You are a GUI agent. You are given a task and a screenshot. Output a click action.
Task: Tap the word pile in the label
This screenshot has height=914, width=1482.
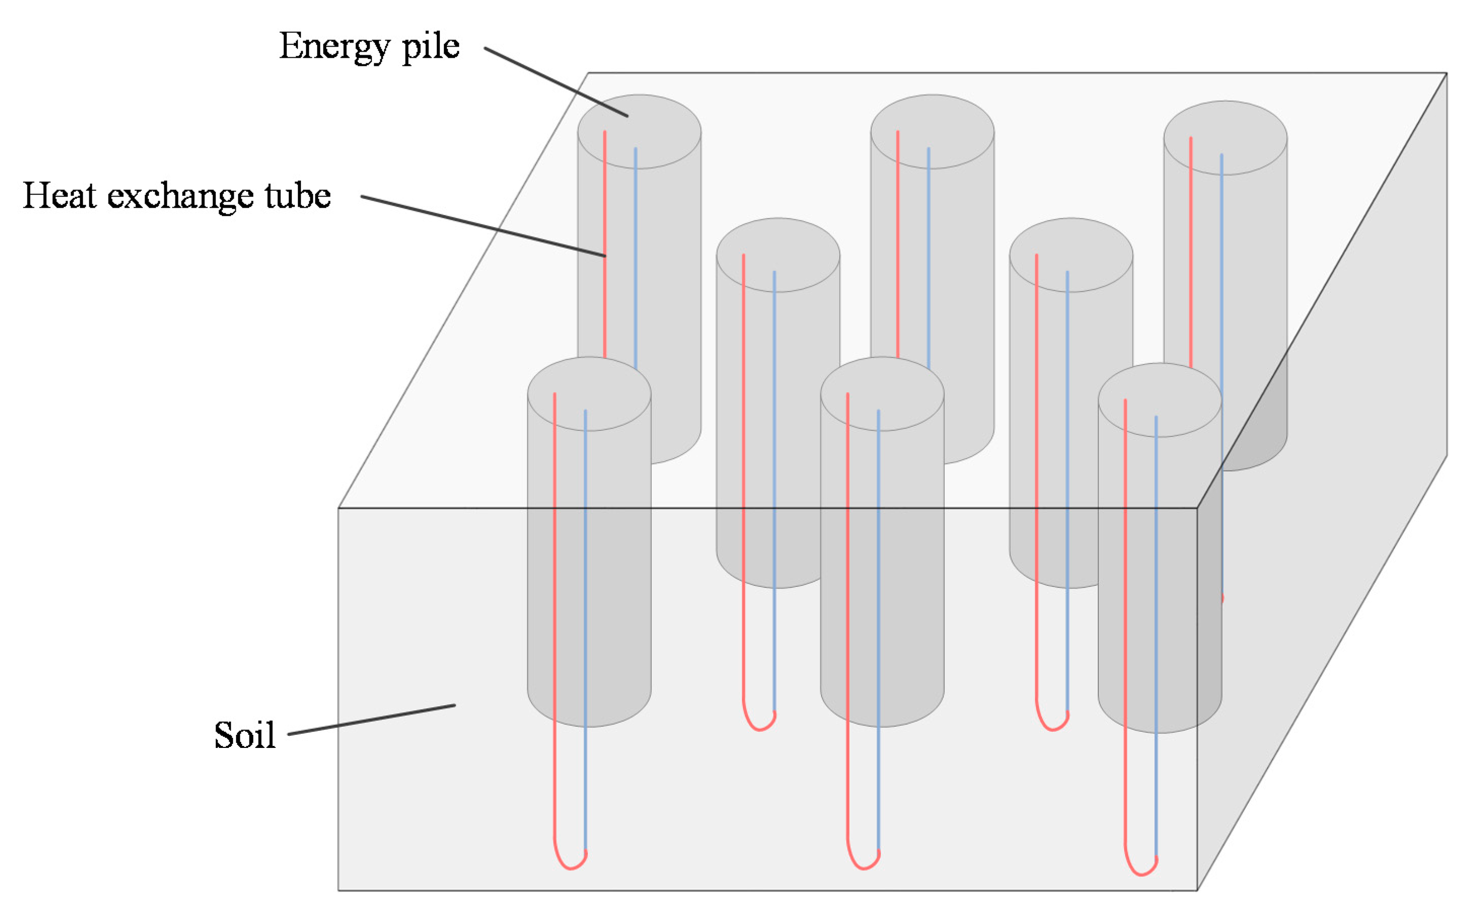click(431, 47)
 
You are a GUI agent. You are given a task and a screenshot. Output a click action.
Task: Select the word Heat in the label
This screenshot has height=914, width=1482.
click(60, 196)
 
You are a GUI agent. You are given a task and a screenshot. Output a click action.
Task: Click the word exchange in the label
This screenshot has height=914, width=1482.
click(180, 196)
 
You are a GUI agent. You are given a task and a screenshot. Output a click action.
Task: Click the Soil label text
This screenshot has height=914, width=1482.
click(244, 735)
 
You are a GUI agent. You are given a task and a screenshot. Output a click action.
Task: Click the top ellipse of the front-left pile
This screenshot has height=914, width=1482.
click(589, 393)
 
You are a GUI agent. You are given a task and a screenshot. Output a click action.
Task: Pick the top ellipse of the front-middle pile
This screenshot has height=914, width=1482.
click(882, 393)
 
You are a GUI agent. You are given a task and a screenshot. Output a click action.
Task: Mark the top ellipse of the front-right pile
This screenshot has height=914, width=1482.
click(1160, 400)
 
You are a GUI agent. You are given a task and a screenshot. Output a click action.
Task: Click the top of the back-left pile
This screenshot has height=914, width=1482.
click(639, 131)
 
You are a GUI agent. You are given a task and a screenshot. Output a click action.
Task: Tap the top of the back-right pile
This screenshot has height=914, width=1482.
click(1225, 138)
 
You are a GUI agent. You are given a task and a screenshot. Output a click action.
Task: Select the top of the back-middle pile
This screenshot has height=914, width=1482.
click(932, 131)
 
